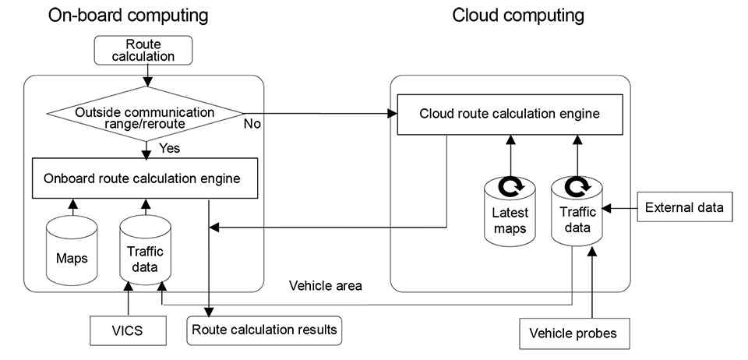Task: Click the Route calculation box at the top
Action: tap(144, 50)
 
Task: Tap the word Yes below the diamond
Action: tap(171, 146)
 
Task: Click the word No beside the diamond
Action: tap(252, 123)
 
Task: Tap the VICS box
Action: tap(128, 330)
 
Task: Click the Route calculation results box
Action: tap(264, 330)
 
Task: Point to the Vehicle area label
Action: tap(325, 286)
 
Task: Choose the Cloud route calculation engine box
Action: tap(510, 114)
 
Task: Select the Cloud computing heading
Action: tap(518, 16)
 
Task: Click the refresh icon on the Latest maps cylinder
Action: tap(510, 187)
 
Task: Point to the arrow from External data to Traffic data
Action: tap(621, 208)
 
